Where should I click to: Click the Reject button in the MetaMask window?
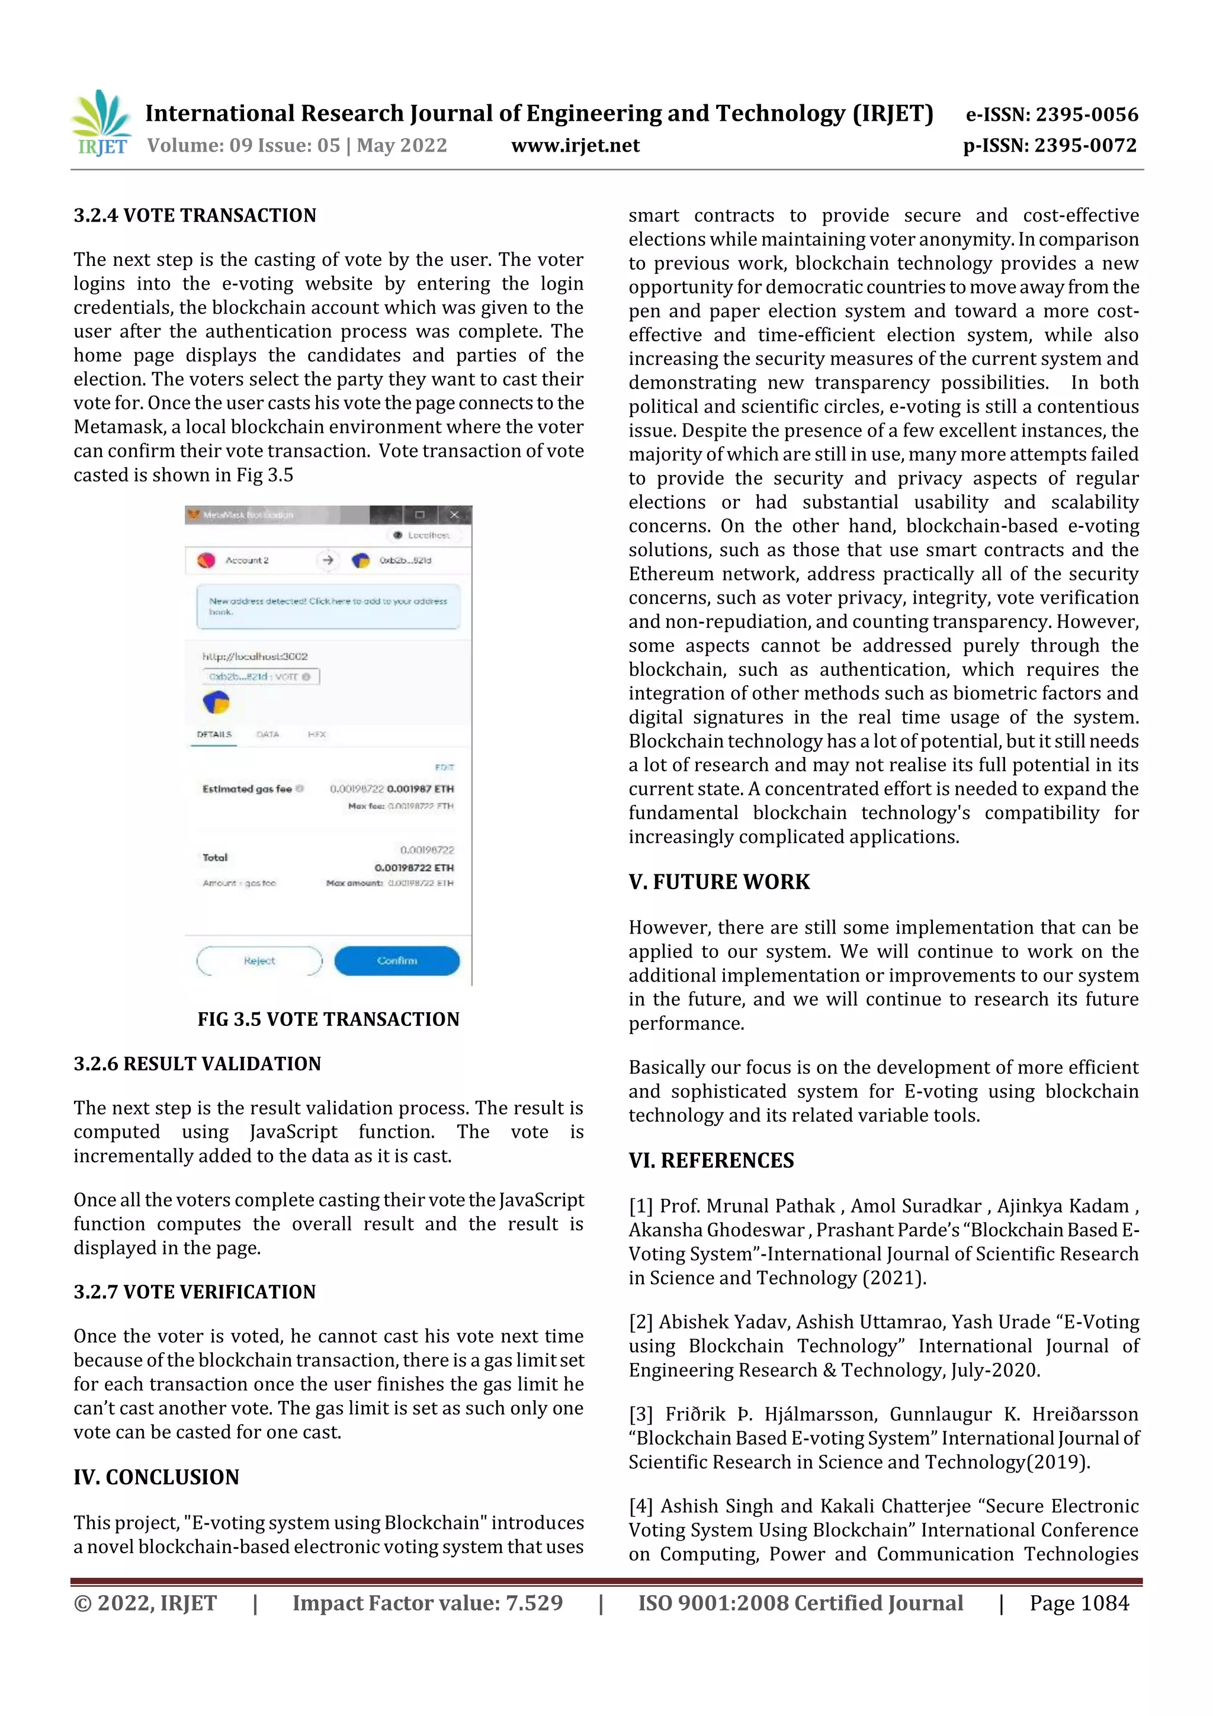[259, 960]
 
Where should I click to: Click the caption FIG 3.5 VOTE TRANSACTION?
[328, 1019]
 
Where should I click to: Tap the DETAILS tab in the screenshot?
[214, 734]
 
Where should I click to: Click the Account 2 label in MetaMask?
[246, 560]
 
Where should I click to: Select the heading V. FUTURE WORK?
[718, 882]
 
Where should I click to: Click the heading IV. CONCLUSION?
[156, 1477]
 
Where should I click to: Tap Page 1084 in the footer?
[1079, 1602]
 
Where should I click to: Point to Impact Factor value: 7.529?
[427, 1602]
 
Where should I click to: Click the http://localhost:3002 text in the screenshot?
[255, 656]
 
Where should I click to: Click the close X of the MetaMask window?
[454, 514]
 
